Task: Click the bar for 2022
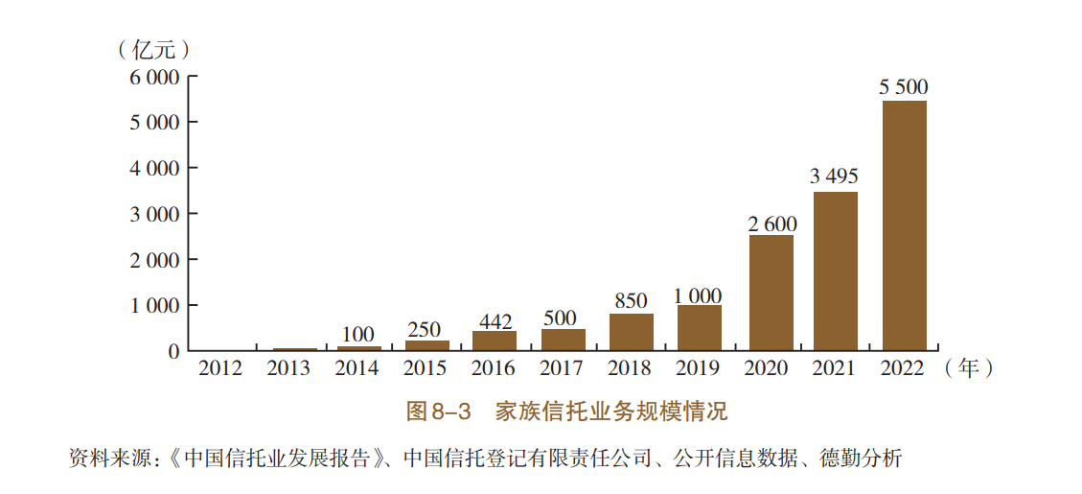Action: (904, 225)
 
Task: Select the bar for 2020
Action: (771, 293)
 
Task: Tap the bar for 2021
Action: (835, 271)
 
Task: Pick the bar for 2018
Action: (631, 332)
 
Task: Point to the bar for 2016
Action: (495, 341)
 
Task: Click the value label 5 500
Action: (904, 87)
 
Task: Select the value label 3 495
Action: (834, 176)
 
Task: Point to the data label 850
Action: (631, 301)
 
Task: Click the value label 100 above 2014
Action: (357, 335)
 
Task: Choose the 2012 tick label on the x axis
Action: (221, 368)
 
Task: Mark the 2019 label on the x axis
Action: (699, 368)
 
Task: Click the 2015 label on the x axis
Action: (426, 368)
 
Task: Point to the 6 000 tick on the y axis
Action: (154, 77)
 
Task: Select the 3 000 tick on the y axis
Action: (154, 214)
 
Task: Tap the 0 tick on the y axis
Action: (173, 351)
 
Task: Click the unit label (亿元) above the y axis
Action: (152, 49)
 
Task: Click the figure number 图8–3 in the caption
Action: (441, 412)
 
